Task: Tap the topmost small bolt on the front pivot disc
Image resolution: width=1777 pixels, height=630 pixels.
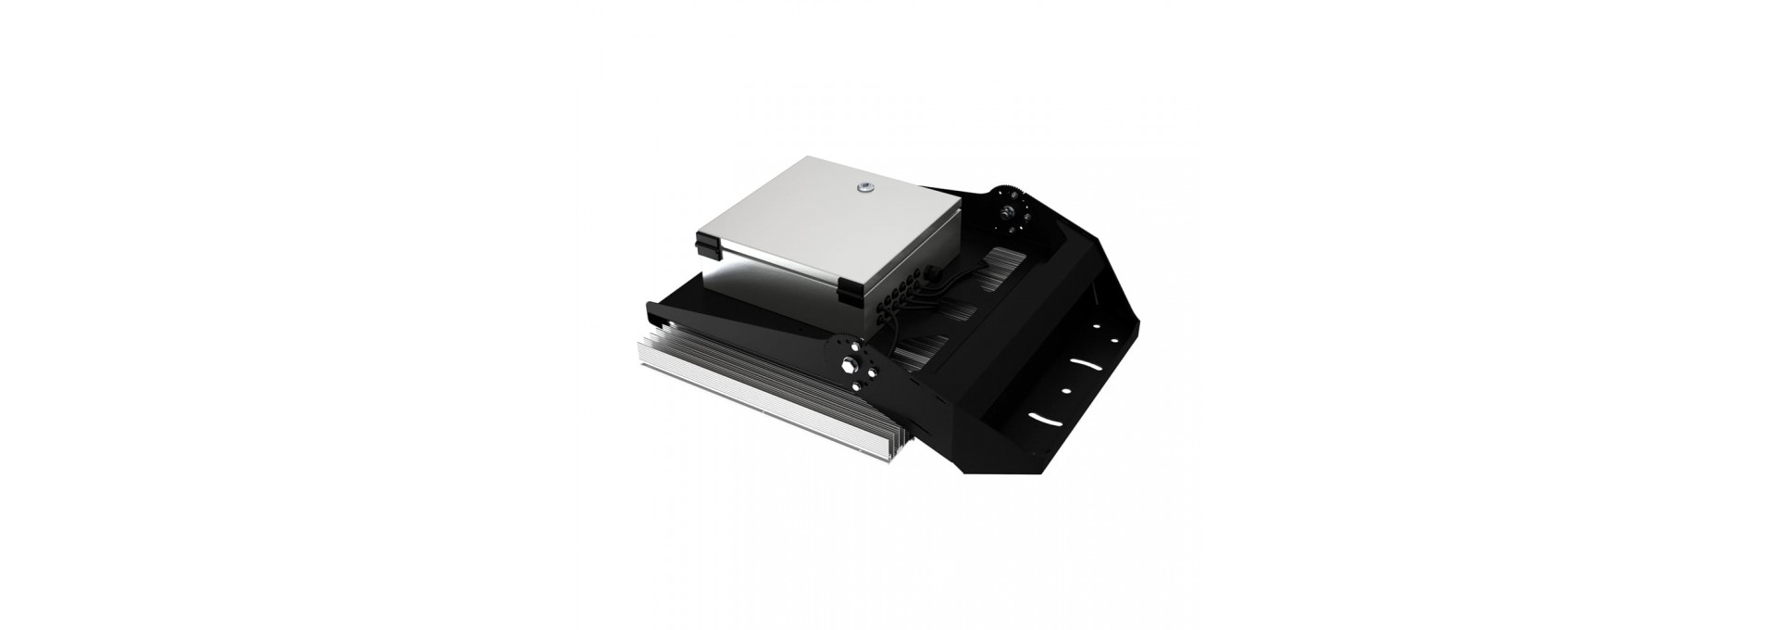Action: [841, 343]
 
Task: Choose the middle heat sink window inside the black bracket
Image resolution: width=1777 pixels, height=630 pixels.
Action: [953, 310]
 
